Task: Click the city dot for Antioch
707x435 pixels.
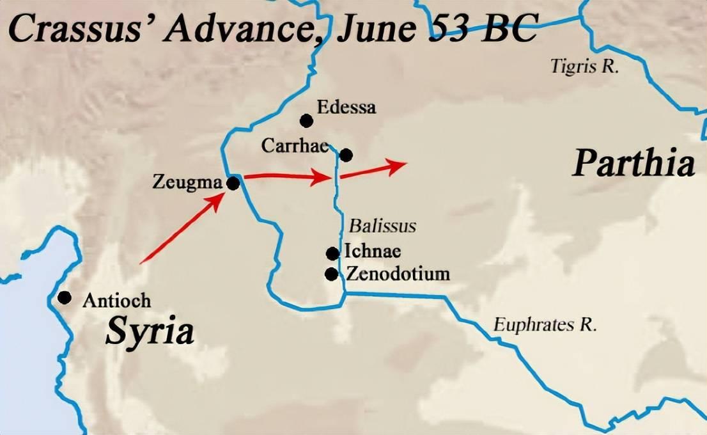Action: [64, 297]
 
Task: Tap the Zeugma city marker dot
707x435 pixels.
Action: [233, 184]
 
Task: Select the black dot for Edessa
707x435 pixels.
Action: [306, 120]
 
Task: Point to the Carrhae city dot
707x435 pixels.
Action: [346, 155]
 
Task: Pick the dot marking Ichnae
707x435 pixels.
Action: [332, 253]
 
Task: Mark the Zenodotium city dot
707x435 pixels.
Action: [331, 274]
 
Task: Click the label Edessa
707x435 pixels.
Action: [348, 107]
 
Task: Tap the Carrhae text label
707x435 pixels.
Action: [295, 146]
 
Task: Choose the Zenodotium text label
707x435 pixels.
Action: [398, 274]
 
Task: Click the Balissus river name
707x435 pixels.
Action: [382, 226]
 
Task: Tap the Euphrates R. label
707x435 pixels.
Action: [545, 324]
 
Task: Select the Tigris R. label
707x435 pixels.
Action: [585, 67]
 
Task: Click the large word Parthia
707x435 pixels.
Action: [633, 163]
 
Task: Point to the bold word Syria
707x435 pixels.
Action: [150, 331]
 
